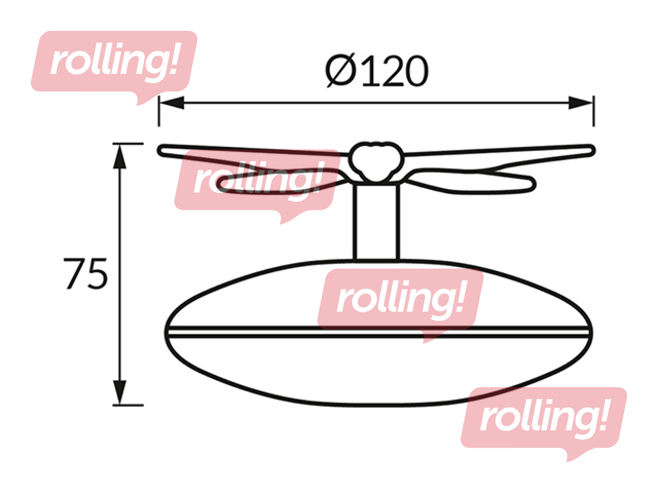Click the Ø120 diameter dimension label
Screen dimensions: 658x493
point(377,71)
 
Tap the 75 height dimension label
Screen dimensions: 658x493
point(85,274)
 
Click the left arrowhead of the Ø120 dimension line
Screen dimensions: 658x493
point(172,103)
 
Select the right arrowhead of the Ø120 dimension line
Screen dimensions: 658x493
point(580,103)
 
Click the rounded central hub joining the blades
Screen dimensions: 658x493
point(376,162)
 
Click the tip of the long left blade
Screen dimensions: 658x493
point(159,150)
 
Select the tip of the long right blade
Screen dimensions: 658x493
point(594,150)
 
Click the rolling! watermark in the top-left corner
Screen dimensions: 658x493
point(114,68)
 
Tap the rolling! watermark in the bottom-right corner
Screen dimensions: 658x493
point(544,424)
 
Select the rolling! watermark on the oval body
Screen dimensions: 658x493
point(400,306)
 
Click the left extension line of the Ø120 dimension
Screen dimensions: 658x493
point(159,111)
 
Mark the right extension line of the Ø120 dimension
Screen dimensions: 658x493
point(594,111)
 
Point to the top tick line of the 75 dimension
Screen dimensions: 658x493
point(128,144)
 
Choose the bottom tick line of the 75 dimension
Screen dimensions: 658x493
point(128,405)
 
